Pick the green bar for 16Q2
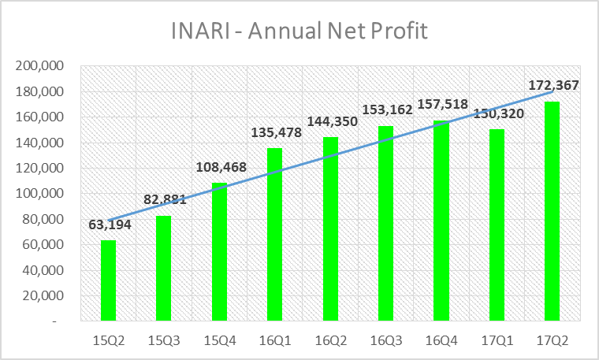330,229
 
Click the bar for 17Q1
497,225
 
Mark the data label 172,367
552,87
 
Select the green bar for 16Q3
386,224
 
